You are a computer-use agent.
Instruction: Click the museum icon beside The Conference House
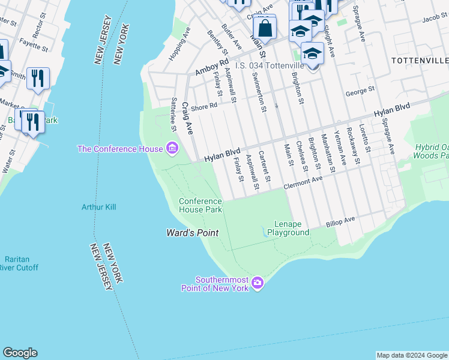click(x=172, y=148)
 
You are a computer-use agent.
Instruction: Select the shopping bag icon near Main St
click(x=264, y=28)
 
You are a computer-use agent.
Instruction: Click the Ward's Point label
click(x=192, y=233)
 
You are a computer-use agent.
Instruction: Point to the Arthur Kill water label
click(x=99, y=207)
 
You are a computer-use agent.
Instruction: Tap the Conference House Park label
click(x=200, y=205)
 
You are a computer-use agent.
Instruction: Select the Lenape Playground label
click(x=288, y=228)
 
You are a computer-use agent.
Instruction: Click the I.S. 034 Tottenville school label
click(x=270, y=65)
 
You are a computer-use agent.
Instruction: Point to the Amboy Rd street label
click(x=212, y=67)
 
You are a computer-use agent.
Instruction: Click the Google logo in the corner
click(x=20, y=353)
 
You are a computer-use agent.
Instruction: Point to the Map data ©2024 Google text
click(x=412, y=355)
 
